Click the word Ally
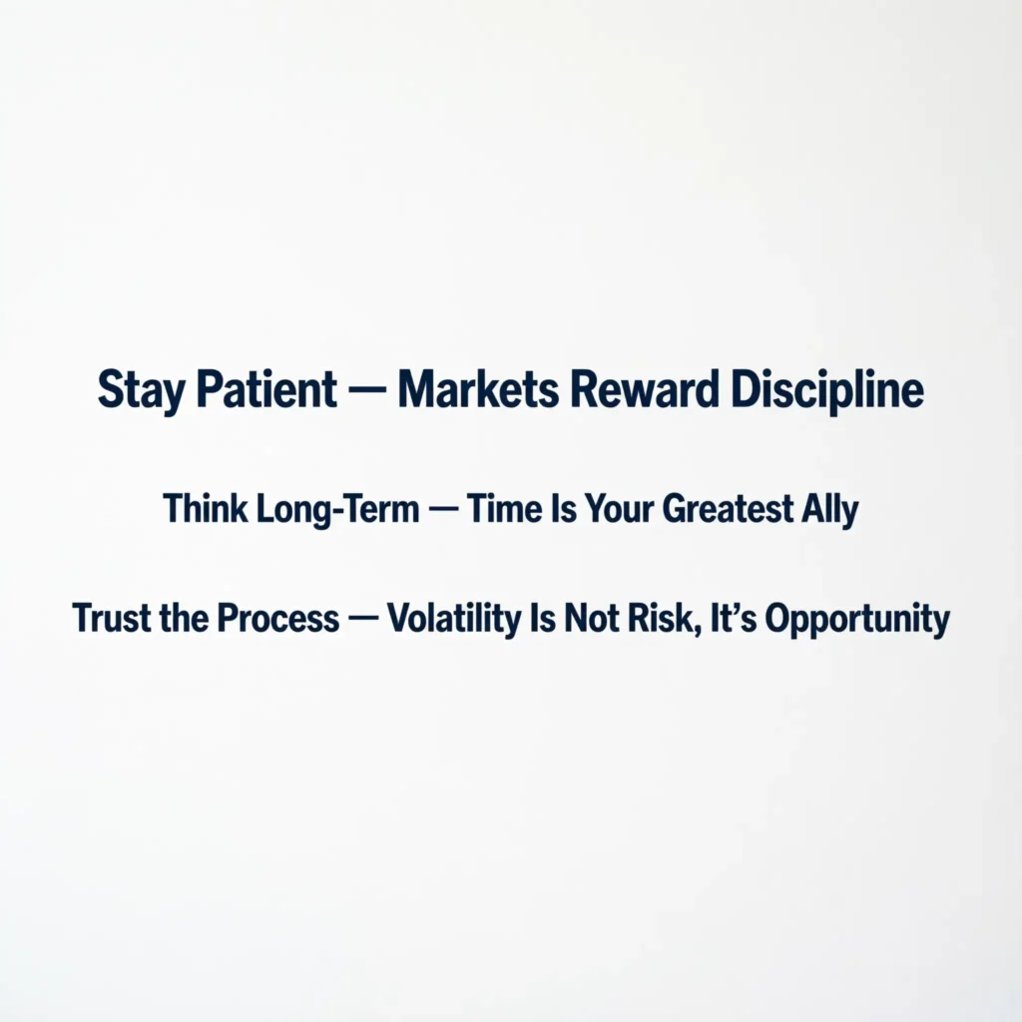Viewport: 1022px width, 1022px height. coord(831,510)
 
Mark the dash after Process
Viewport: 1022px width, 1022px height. coord(363,620)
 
